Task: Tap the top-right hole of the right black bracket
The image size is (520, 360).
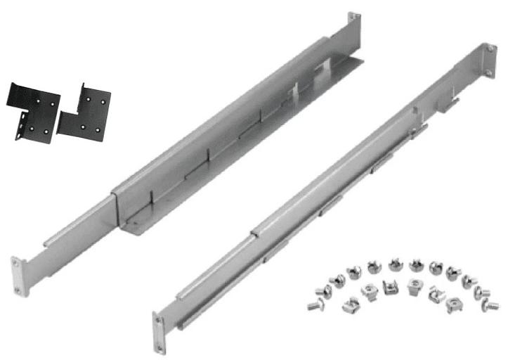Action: [103, 101]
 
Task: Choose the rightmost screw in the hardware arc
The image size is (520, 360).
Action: [492, 305]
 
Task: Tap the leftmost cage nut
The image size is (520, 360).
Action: [349, 304]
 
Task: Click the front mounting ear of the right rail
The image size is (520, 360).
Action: [160, 332]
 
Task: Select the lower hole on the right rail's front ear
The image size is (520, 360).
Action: [160, 344]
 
